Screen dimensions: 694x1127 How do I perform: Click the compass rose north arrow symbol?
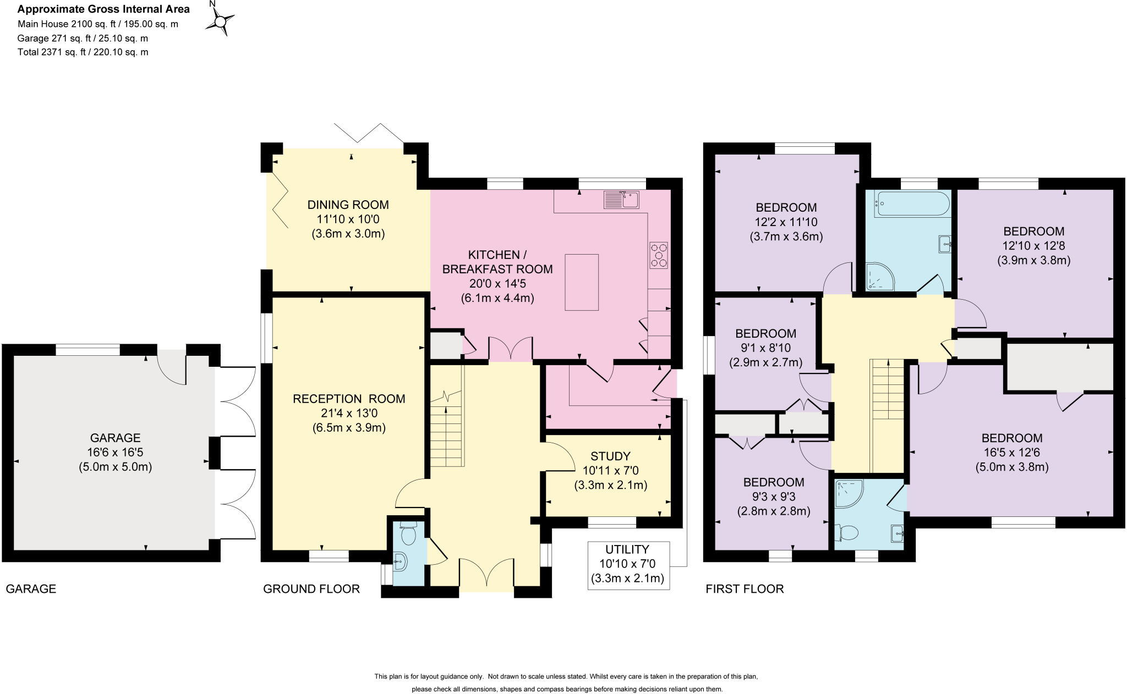(220, 21)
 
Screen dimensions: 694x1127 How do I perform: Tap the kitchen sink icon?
(621, 200)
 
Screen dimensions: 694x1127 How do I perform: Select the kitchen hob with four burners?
(659, 255)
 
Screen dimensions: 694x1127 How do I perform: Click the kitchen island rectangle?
(582, 282)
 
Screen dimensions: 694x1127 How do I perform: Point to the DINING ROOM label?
(348, 205)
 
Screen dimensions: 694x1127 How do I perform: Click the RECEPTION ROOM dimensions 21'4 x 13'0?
(348, 413)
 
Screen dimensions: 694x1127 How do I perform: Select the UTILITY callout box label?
(627, 549)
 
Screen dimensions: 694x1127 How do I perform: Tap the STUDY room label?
(610, 456)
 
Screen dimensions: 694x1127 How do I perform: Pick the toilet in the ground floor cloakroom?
(408, 533)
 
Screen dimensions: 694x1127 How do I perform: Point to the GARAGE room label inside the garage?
(115, 438)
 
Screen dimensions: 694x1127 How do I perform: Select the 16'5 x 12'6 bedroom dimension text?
(1011, 453)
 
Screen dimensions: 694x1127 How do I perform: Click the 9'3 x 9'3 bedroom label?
(773, 497)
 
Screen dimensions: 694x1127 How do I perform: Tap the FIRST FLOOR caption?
(745, 589)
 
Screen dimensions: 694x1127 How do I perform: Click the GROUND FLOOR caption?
(311, 589)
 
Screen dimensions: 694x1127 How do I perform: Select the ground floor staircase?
(447, 423)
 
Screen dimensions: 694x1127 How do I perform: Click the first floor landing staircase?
(887, 396)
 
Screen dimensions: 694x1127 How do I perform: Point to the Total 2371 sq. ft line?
(83, 52)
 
